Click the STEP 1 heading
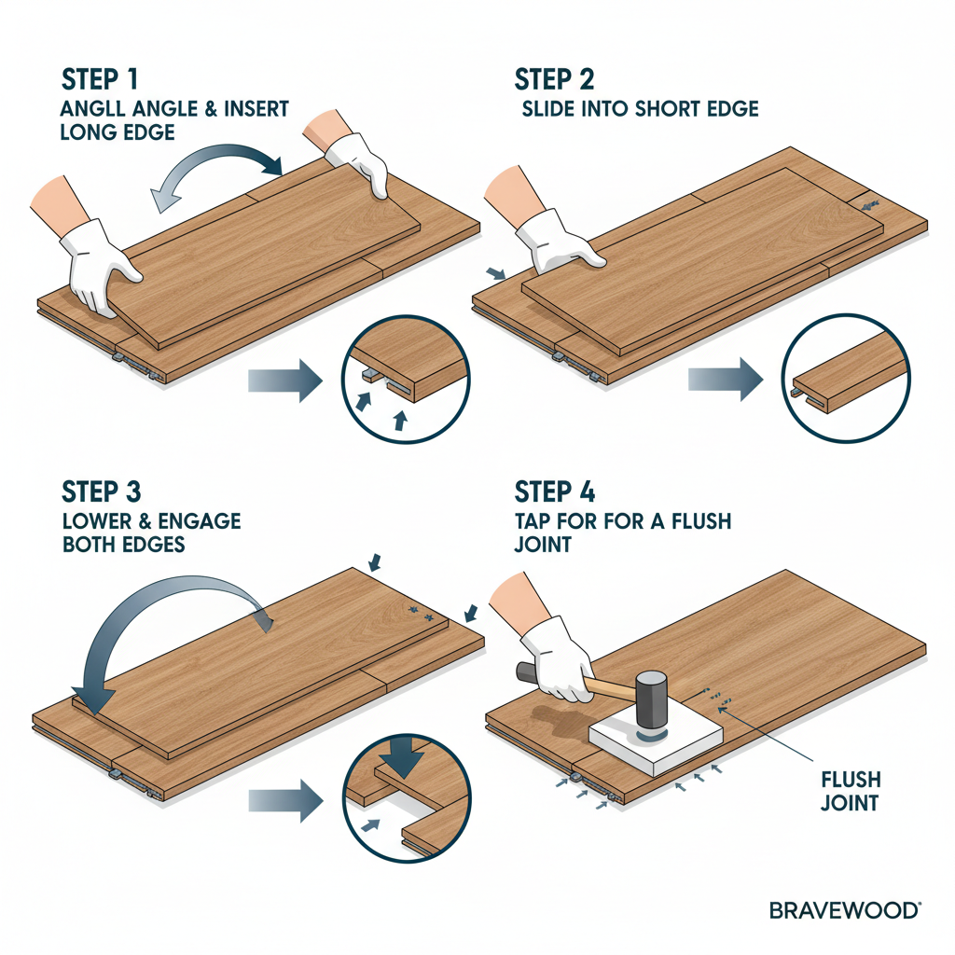coord(102,77)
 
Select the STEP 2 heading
coord(555,77)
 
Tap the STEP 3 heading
coord(104,491)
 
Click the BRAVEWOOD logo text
coord(845,910)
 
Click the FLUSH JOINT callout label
coord(850,791)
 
